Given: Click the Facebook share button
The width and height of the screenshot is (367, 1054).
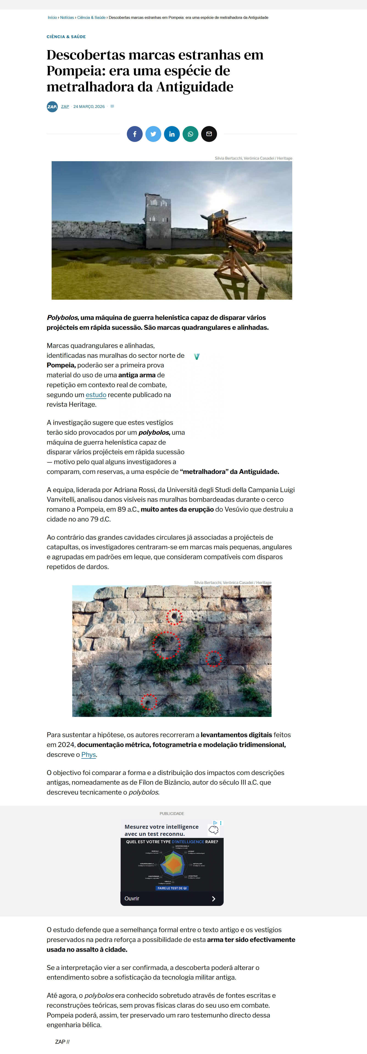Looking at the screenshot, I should coord(134,134).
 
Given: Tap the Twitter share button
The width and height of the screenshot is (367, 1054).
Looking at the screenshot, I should coord(153,134).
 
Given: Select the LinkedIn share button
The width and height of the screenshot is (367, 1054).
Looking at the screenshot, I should coord(172,134).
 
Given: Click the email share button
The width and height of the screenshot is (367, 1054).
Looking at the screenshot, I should coord(209,134).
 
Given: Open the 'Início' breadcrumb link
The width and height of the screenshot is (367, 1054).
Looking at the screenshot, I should coord(52,18).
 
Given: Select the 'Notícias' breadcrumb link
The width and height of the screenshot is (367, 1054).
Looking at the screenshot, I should coord(67,18).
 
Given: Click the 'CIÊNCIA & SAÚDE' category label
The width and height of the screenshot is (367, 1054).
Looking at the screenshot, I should coord(66,37).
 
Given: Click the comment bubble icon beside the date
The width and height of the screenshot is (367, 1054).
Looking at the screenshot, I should coord(112,106).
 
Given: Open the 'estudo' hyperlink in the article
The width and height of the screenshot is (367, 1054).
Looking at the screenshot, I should coord(96,395).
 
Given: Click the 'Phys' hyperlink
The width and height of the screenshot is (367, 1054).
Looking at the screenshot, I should coord(88,755).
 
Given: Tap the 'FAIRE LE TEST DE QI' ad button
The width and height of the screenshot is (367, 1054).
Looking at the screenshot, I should coord(172,888).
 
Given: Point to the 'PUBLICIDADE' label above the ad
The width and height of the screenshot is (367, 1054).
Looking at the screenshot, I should coord(172,813).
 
